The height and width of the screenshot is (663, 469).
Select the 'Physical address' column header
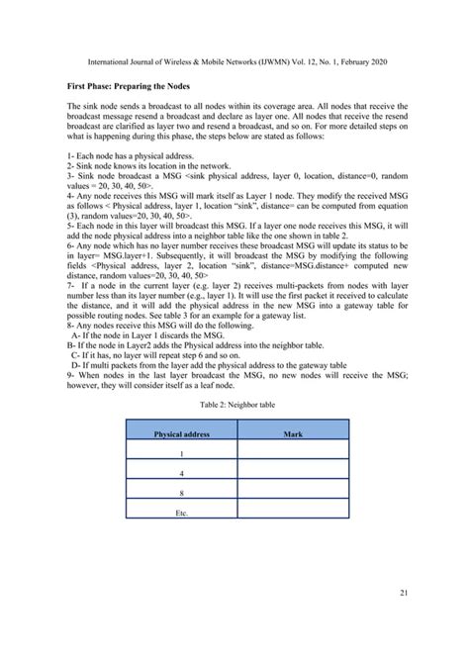(x=181, y=433)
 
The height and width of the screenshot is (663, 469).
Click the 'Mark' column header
(x=293, y=433)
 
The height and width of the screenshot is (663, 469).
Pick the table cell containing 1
(x=181, y=454)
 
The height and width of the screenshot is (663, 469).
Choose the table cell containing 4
(x=181, y=474)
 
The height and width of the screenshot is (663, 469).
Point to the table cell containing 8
(x=181, y=494)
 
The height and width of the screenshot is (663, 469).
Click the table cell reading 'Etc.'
(x=181, y=513)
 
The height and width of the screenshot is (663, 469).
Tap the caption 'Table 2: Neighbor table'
(x=234, y=404)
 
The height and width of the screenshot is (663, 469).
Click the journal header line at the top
(x=234, y=61)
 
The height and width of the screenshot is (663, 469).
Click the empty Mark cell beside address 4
(x=293, y=474)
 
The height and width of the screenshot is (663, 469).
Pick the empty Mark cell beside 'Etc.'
(x=293, y=513)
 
